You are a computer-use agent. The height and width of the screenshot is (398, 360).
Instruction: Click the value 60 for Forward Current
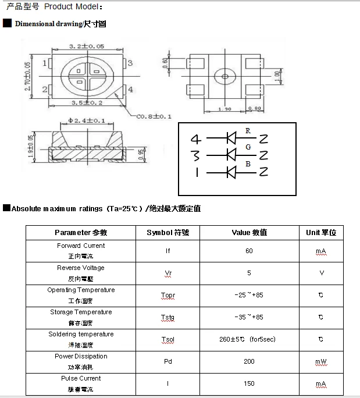pyautogui.click(x=249, y=251)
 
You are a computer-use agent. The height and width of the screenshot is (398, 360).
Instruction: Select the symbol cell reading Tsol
pyautogui.click(x=168, y=339)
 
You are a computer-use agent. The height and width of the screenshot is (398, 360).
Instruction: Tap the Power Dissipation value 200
pyautogui.click(x=249, y=361)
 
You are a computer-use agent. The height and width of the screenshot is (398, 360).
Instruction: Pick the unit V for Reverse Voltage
pyautogui.click(x=321, y=273)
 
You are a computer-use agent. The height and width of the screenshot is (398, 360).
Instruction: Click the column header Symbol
pyautogui.click(x=168, y=232)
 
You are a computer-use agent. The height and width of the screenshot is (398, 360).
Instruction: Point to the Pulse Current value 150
pyautogui.click(x=249, y=383)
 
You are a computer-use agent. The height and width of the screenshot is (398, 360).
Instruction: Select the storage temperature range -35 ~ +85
pyautogui.click(x=249, y=317)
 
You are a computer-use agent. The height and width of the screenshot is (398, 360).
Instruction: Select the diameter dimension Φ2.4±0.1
pyautogui.click(x=87, y=121)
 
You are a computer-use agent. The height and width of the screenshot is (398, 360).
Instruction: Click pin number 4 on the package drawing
pyautogui.click(x=130, y=89)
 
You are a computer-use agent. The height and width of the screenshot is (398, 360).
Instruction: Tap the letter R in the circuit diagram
pyautogui.click(x=248, y=131)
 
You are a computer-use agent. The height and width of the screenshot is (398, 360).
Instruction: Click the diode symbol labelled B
pyautogui.click(x=231, y=172)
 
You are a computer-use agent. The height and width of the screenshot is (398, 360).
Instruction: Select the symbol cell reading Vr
pyautogui.click(x=168, y=273)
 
